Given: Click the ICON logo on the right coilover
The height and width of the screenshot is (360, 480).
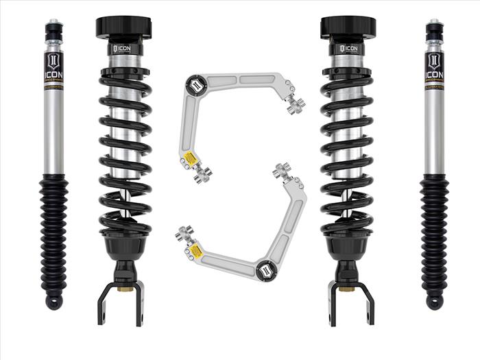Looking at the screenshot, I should pyautogui.click(x=348, y=49).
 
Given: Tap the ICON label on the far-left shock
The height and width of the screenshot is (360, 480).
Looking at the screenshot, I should pyautogui.click(x=54, y=68).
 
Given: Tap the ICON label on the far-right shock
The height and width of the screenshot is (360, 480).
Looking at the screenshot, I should pyautogui.click(x=434, y=68).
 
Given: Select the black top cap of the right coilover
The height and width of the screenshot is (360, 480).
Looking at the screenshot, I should pyautogui.click(x=348, y=28).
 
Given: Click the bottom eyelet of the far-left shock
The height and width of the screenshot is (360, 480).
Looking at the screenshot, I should pyautogui.click(x=54, y=302).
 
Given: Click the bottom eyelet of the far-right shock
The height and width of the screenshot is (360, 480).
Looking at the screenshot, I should pyautogui.click(x=434, y=302).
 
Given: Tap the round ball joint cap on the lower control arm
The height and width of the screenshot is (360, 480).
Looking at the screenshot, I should pyautogui.click(x=266, y=269).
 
